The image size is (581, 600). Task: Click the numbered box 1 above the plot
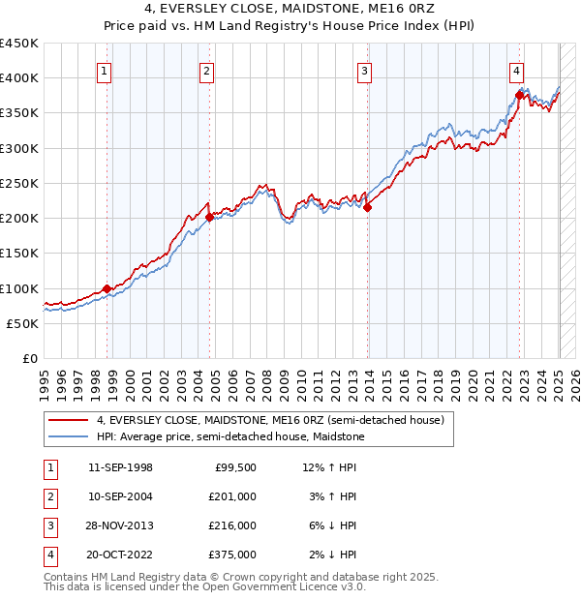(104, 70)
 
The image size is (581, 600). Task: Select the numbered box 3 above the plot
(364, 70)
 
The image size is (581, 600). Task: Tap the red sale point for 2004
(209, 218)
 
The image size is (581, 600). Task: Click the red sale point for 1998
(107, 288)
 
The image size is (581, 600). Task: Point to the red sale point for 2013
(368, 207)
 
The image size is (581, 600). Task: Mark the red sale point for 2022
(520, 96)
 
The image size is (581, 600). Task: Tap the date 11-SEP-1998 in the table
(120, 467)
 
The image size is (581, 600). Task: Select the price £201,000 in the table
(232, 496)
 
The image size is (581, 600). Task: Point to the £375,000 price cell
(232, 555)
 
